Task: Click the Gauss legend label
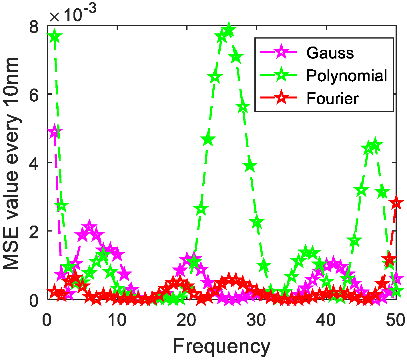click(330, 53)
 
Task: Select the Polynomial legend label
click(347, 76)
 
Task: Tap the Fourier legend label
click(332, 98)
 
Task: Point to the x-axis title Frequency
click(222, 347)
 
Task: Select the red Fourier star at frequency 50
click(396, 203)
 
